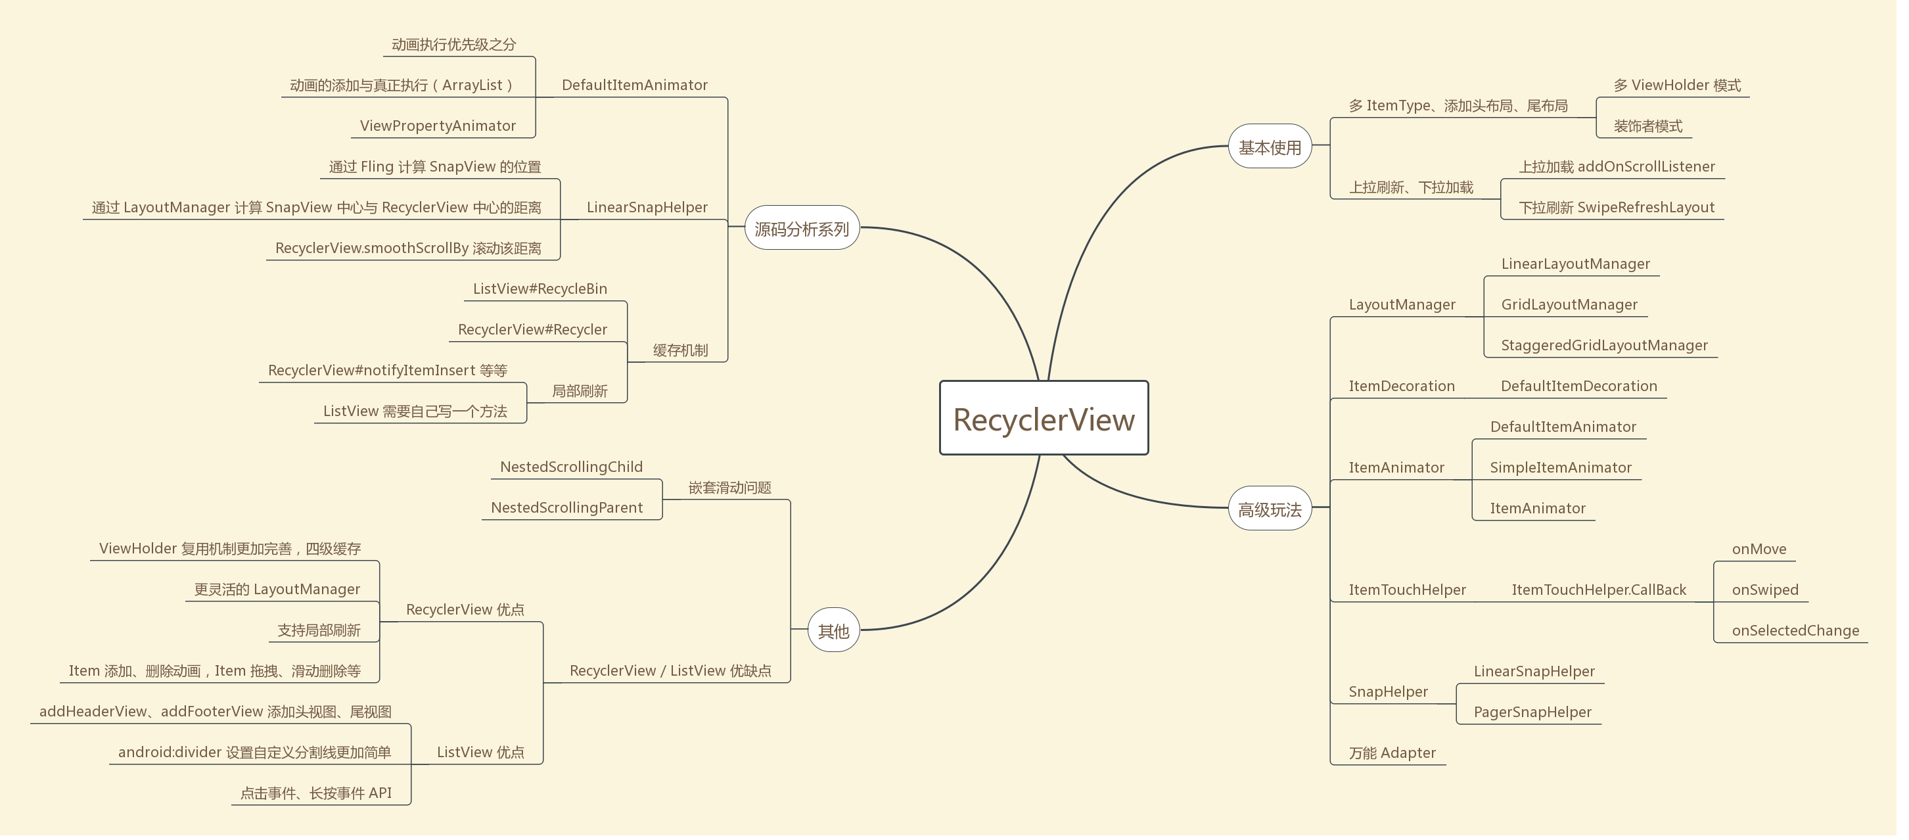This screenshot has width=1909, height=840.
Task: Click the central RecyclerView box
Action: [x=1044, y=418]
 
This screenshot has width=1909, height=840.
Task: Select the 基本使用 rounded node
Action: [x=1270, y=147]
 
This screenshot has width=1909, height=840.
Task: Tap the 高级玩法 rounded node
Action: [x=1270, y=509]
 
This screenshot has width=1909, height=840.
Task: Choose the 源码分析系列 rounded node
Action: [x=801, y=228]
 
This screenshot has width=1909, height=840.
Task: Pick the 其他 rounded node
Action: [x=833, y=630]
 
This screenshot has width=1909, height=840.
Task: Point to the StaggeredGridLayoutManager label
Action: [x=1603, y=346]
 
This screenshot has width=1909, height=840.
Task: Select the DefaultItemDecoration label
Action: [x=1578, y=386]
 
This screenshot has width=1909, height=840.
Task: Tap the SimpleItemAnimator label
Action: [x=1560, y=468]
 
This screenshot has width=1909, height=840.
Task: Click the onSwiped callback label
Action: [x=1764, y=590]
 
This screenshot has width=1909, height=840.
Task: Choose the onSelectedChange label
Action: [x=1795, y=631]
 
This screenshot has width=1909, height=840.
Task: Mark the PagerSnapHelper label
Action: [x=1532, y=712]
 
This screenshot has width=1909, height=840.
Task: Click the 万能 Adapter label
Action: [x=1392, y=753]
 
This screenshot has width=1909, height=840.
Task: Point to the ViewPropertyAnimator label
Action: [x=437, y=126]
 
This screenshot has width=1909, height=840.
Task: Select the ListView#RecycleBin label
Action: [x=540, y=289]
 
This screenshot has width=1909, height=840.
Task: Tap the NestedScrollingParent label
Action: [x=566, y=508]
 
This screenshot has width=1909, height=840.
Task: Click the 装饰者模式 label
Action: [x=1647, y=126]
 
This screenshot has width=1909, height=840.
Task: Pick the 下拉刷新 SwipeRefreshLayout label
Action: [x=1617, y=208]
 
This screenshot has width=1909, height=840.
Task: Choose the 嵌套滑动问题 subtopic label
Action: [x=729, y=488]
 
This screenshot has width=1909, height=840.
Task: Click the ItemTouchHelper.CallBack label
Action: [x=1598, y=590]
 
